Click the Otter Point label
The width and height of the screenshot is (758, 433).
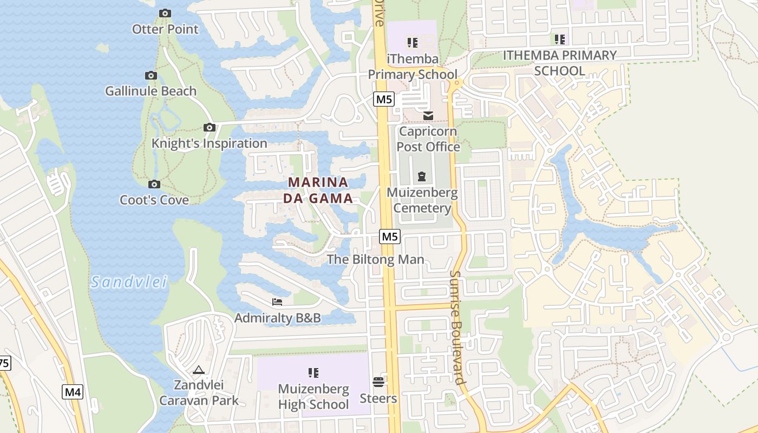(x=165, y=29)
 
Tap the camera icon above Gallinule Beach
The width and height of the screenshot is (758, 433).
(x=151, y=76)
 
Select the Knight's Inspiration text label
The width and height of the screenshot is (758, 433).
(x=209, y=143)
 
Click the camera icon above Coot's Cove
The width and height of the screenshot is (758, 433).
(x=154, y=185)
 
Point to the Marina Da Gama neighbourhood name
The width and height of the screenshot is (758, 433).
(x=318, y=190)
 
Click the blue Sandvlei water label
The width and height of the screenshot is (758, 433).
(x=129, y=282)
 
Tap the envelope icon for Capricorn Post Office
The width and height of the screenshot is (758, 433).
(x=428, y=116)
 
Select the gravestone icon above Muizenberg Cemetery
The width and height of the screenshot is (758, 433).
(x=422, y=176)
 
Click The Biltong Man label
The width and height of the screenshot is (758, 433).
(x=375, y=259)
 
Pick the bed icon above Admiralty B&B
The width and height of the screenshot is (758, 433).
(x=277, y=302)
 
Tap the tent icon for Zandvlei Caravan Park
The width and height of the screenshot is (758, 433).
(x=198, y=370)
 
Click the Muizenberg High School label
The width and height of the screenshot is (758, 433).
(x=313, y=397)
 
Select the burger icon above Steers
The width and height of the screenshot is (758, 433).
(x=378, y=382)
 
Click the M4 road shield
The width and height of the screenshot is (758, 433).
(x=73, y=392)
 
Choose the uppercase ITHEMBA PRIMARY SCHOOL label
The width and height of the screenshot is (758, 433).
(x=559, y=63)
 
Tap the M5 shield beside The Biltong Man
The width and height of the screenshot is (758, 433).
(x=390, y=237)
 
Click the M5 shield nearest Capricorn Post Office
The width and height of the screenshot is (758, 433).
(x=384, y=100)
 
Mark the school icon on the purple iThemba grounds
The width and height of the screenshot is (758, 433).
(x=413, y=42)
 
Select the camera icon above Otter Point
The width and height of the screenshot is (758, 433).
(x=165, y=13)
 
